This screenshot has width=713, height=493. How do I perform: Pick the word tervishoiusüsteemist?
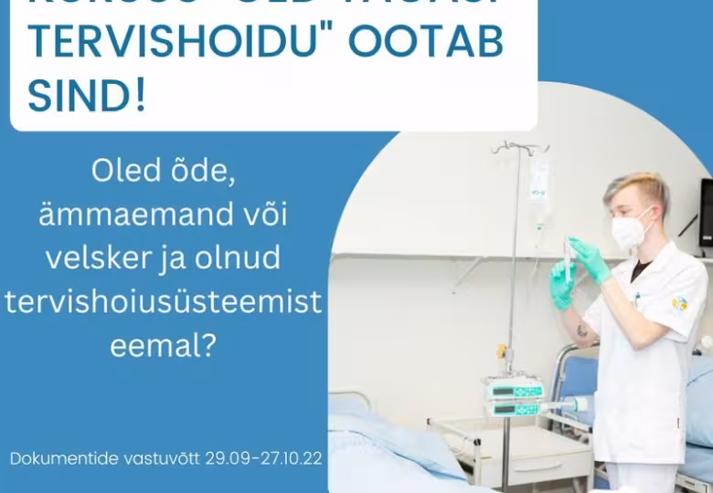[x=164, y=302]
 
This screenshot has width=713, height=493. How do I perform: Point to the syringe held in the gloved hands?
[x=569, y=260]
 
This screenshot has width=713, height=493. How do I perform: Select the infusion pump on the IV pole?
[x=514, y=396]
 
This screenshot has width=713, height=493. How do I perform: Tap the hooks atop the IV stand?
[x=518, y=146]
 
